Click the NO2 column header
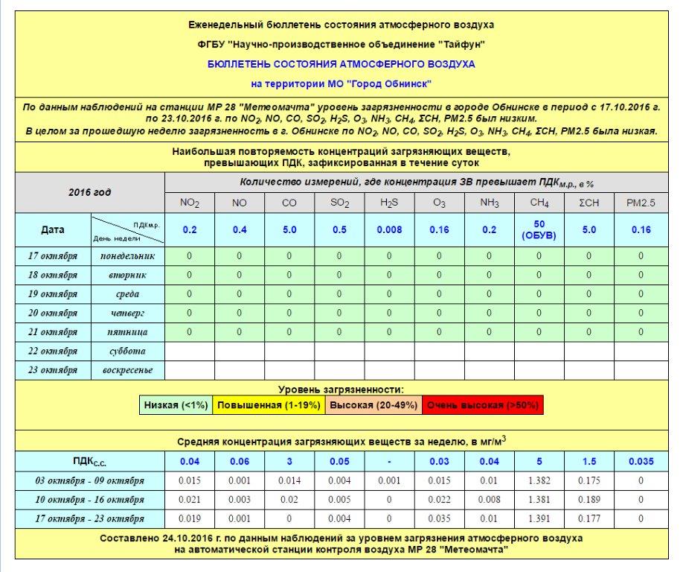189,203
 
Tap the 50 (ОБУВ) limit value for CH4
539,230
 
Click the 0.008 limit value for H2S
389,230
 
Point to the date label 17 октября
53,256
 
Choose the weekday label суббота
127,351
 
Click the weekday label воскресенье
127,370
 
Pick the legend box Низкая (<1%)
176,405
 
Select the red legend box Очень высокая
482,405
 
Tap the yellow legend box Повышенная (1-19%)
268,405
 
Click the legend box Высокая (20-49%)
373,405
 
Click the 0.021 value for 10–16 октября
189,500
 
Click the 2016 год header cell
89,192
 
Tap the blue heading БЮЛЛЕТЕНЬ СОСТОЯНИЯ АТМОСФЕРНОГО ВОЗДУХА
341,64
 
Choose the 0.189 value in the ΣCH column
589,500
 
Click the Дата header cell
53,230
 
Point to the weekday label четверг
127,313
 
